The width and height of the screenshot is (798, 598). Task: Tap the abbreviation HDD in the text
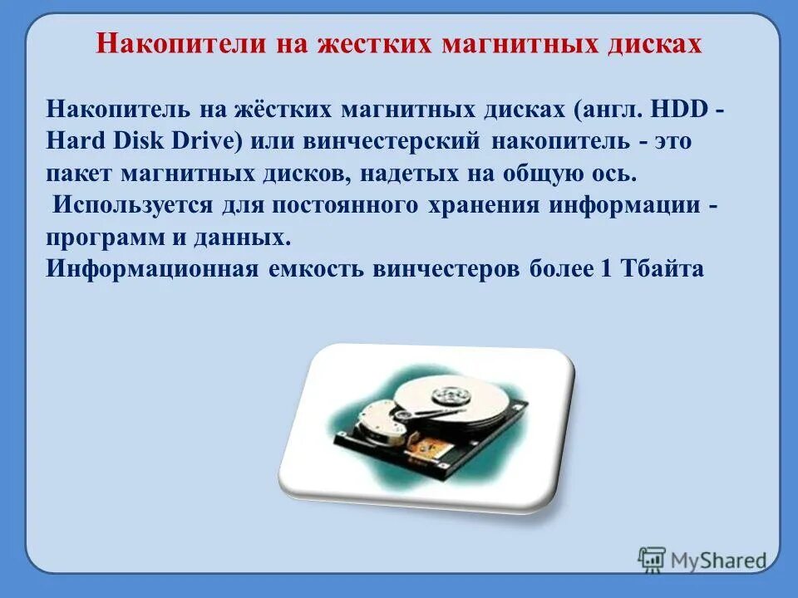pos(676,109)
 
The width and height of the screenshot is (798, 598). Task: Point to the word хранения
pos(481,206)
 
